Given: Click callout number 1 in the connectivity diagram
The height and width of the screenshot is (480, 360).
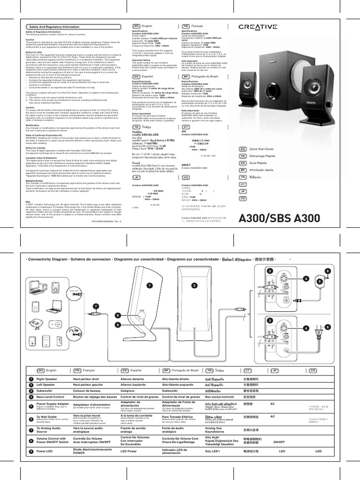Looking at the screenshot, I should coord(150,285).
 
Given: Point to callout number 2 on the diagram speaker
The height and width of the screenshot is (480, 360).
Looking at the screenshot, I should coord(193,285).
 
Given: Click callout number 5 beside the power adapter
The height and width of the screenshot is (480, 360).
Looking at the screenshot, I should coord(319,281).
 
